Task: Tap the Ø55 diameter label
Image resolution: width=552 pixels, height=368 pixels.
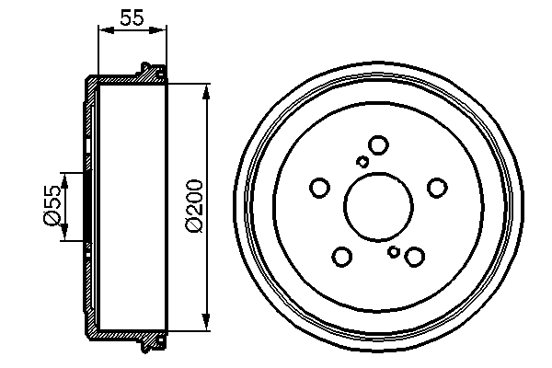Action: point(53,205)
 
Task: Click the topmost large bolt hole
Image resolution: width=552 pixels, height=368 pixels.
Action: point(377,144)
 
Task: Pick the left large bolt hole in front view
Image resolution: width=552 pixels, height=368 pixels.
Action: point(320,188)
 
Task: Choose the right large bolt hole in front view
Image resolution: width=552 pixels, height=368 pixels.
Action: point(436,188)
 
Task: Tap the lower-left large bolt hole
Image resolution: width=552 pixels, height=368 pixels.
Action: point(342,256)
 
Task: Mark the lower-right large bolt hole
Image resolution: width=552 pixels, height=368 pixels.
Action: point(414,256)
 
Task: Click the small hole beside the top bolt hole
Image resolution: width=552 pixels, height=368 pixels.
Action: point(362,162)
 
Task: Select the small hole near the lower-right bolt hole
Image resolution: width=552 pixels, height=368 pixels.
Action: point(394,251)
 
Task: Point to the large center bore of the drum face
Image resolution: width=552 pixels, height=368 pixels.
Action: point(378,206)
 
